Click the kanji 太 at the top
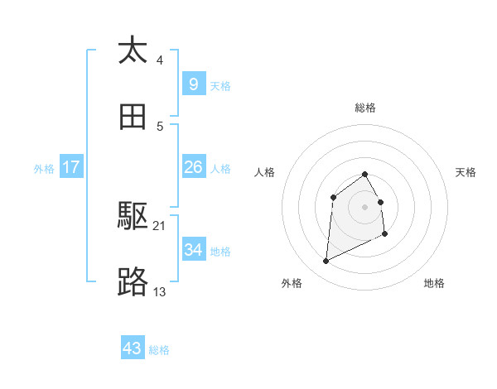click(x=133, y=50)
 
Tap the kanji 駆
click(x=133, y=217)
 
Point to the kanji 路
click(x=133, y=282)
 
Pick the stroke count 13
click(x=160, y=291)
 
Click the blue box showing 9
click(x=193, y=84)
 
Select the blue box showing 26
click(x=193, y=167)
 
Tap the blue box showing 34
click(x=193, y=249)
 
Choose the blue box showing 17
click(x=71, y=167)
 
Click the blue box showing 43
click(x=133, y=348)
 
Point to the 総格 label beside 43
click(x=159, y=350)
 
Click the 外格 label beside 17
click(x=44, y=169)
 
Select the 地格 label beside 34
click(x=220, y=251)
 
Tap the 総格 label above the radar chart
click(x=365, y=108)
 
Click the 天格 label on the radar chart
click(x=466, y=172)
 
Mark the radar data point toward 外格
click(x=326, y=262)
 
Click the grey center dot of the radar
click(x=365, y=206)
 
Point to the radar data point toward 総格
click(x=365, y=174)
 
